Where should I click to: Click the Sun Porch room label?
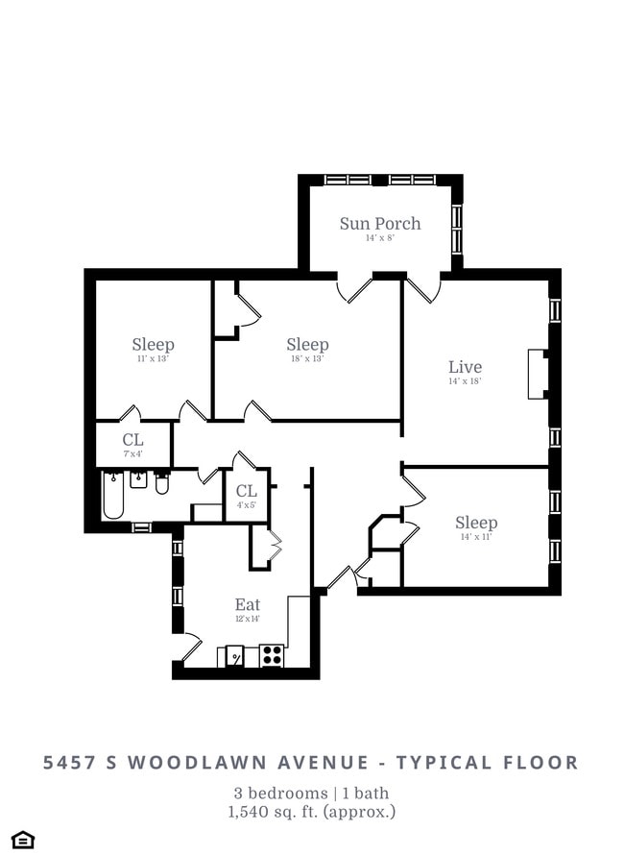379,223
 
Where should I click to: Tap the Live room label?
465,366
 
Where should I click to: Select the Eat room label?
248,604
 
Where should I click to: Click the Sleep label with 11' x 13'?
153,344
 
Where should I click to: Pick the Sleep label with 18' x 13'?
307,344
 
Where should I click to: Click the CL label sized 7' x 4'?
132,439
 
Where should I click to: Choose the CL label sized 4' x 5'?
247,491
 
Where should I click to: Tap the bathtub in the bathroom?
113,494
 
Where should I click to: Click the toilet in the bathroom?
162,482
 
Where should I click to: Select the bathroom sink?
138,478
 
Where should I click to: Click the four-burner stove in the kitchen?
272,655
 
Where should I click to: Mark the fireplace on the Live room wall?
538,374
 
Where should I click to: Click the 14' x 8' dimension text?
379,238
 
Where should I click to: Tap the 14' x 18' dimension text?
465,381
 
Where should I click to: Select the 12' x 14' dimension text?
248,619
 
